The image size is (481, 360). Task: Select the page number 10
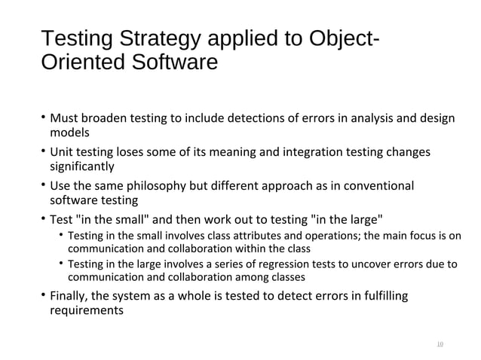click(440, 345)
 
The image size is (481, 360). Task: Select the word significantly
click(82, 166)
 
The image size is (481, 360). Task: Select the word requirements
click(86, 310)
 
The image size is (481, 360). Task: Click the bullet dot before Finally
click(43, 297)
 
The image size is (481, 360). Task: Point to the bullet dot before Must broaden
click(43, 119)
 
